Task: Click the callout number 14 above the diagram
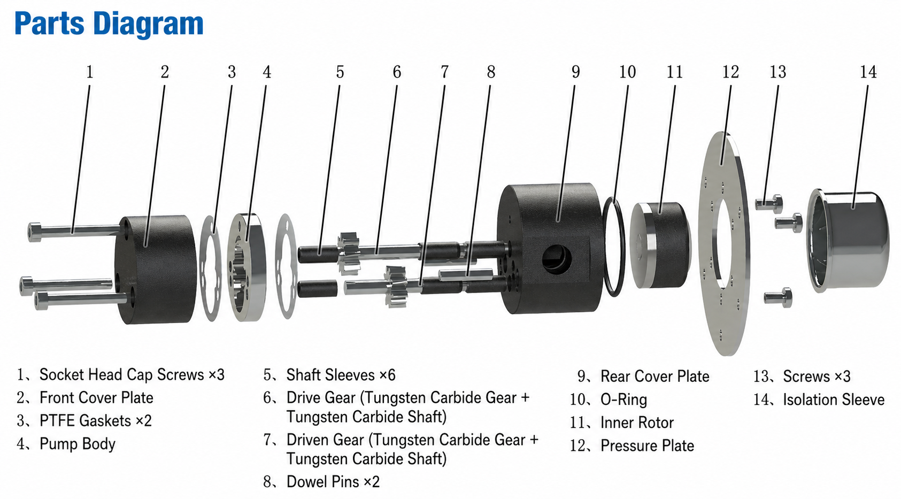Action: [x=868, y=72]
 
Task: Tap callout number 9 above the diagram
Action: [x=575, y=72]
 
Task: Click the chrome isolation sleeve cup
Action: [x=848, y=240]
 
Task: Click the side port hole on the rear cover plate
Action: [x=557, y=259]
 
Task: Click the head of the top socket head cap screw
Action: [x=35, y=232]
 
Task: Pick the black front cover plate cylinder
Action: [x=155, y=269]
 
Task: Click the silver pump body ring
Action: [x=247, y=267]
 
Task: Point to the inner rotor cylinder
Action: [x=660, y=245]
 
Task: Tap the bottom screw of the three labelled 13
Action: [x=778, y=298]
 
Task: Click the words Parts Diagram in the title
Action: [x=109, y=24]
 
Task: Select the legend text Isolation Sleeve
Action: [x=834, y=400]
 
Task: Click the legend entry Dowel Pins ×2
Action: [x=333, y=482]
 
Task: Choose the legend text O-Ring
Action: [x=623, y=400]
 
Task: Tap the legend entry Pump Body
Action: [x=77, y=444]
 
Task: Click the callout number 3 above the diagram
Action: [x=232, y=72]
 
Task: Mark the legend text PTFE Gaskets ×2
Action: [x=95, y=421]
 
